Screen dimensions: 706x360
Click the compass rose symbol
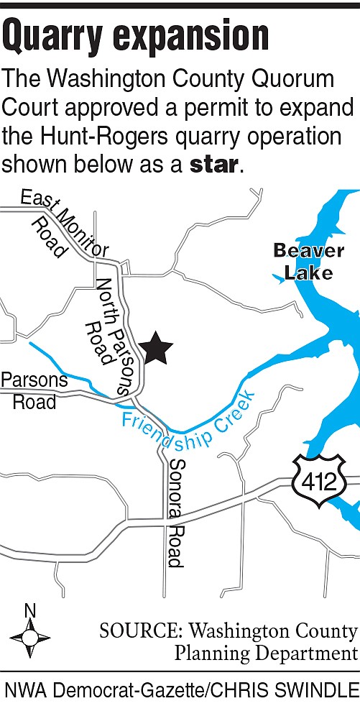click(29, 638)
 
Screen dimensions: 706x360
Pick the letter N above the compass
click(29, 610)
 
